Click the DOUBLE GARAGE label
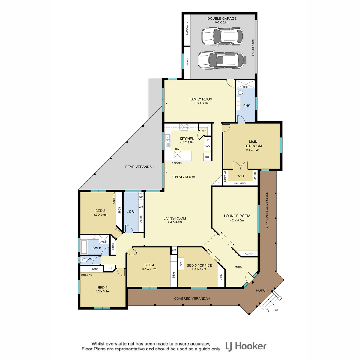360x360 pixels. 222,19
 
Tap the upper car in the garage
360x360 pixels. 222,36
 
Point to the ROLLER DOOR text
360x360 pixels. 253,47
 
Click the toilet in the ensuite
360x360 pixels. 239,92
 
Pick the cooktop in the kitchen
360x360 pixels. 184,127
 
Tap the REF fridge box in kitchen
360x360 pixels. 207,157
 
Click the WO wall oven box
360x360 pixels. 208,146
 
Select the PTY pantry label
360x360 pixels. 204,131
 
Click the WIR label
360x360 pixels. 240,176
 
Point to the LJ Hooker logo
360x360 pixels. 246,346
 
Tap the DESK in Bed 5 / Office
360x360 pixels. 181,263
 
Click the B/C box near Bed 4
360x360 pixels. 174,250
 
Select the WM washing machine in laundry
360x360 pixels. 141,197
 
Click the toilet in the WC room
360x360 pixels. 84,260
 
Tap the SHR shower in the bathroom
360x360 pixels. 104,240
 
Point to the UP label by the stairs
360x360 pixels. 277,310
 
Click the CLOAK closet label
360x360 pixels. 249,253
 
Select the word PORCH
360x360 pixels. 262,290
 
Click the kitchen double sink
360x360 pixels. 168,138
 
